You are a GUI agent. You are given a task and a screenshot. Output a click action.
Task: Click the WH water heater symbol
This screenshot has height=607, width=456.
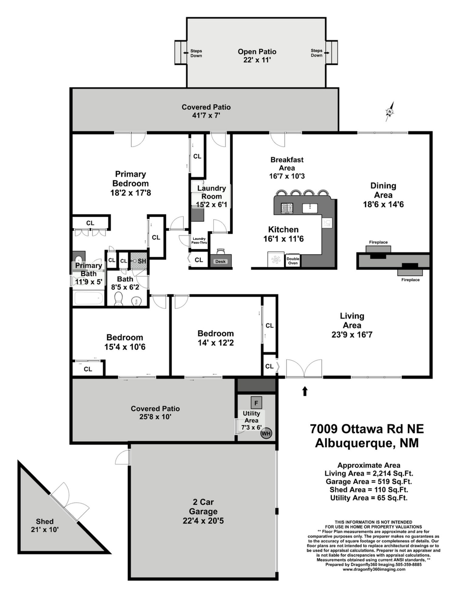click(266, 433)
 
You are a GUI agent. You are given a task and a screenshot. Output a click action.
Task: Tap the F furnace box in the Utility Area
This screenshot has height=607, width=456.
click(256, 403)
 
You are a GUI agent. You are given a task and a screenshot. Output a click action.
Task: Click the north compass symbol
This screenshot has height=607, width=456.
click(390, 112)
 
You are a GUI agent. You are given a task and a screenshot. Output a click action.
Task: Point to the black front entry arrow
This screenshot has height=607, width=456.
click(305, 391)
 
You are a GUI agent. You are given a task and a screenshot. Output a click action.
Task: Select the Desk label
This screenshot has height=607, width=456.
click(221, 262)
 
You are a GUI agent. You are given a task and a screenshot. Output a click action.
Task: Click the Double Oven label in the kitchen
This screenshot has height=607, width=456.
click(293, 261)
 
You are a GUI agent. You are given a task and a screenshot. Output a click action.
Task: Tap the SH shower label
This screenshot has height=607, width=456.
click(142, 261)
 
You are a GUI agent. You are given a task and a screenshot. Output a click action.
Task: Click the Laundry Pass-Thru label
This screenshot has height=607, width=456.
click(199, 241)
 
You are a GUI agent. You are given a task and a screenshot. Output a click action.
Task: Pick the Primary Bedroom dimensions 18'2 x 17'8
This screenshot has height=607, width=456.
click(130, 193)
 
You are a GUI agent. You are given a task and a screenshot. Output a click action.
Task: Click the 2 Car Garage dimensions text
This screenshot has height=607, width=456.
click(203, 521)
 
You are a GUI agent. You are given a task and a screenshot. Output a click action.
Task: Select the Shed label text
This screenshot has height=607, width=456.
click(45, 521)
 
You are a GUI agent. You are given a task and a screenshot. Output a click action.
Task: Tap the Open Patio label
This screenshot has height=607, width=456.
click(257, 52)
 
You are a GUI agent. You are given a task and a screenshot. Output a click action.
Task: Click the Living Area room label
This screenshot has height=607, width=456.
click(352, 320)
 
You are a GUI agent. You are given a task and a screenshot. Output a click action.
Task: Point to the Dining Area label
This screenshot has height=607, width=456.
click(383, 190)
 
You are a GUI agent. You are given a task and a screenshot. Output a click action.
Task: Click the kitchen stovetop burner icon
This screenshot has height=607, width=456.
click(287, 208)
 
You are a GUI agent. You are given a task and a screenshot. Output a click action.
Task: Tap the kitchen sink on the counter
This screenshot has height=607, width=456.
click(310, 208)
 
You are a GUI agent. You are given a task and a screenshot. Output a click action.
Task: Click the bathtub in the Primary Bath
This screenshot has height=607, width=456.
click(89, 298)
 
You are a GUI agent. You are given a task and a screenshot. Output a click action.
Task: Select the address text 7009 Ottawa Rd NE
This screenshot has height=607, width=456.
click(367, 429)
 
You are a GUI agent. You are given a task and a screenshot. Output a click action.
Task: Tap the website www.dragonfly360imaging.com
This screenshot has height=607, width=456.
click(374, 569)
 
